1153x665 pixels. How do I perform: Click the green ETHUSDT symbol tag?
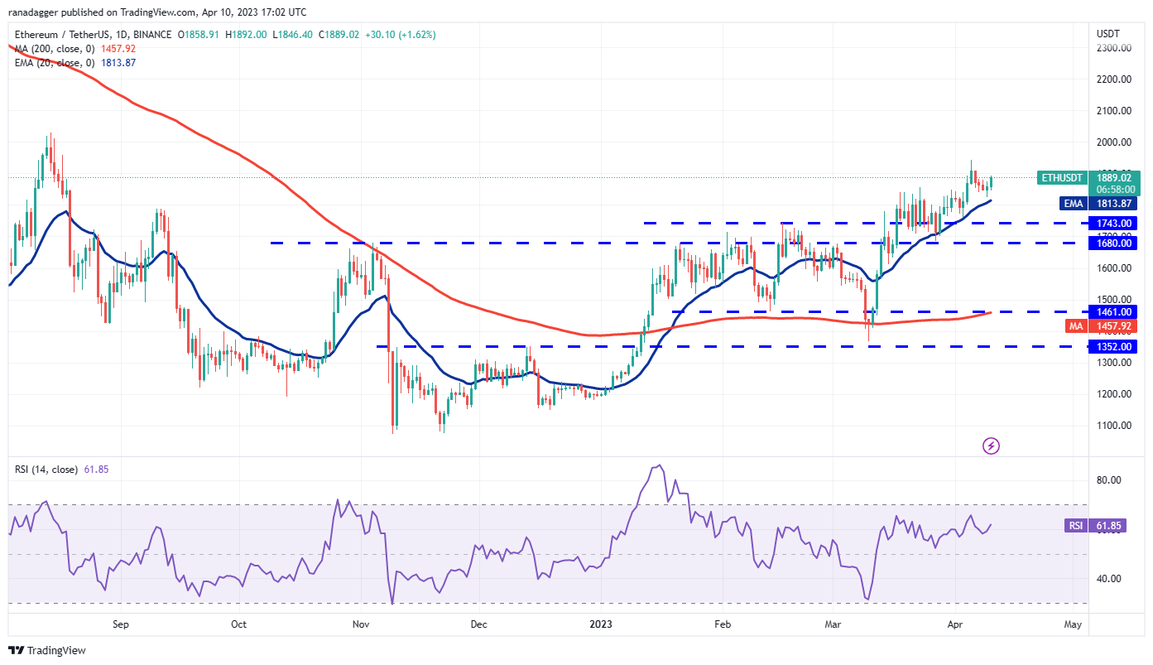pyautogui.click(x=1061, y=177)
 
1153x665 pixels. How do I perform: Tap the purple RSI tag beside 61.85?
pyautogui.click(x=1074, y=525)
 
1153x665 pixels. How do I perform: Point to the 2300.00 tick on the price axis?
pyautogui.click(x=1114, y=48)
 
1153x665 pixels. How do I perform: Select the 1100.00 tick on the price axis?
pyautogui.click(x=1114, y=426)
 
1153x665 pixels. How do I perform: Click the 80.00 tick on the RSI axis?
pyautogui.click(x=1109, y=480)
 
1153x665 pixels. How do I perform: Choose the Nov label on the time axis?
pyautogui.click(x=360, y=624)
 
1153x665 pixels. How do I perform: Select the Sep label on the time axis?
pyautogui.click(x=121, y=624)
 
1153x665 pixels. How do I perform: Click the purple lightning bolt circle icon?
pyautogui.click(x=991, y=446)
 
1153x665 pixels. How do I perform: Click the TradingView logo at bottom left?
pyautogui.click(x=47, y=651)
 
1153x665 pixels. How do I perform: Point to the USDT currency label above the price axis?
pyautogui.click(x=1107, y=34)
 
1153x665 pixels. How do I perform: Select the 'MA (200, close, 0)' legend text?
pyautogui.click(x=51, y=49)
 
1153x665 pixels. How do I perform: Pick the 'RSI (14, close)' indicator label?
pyautogui.click(x=46, y=470)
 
